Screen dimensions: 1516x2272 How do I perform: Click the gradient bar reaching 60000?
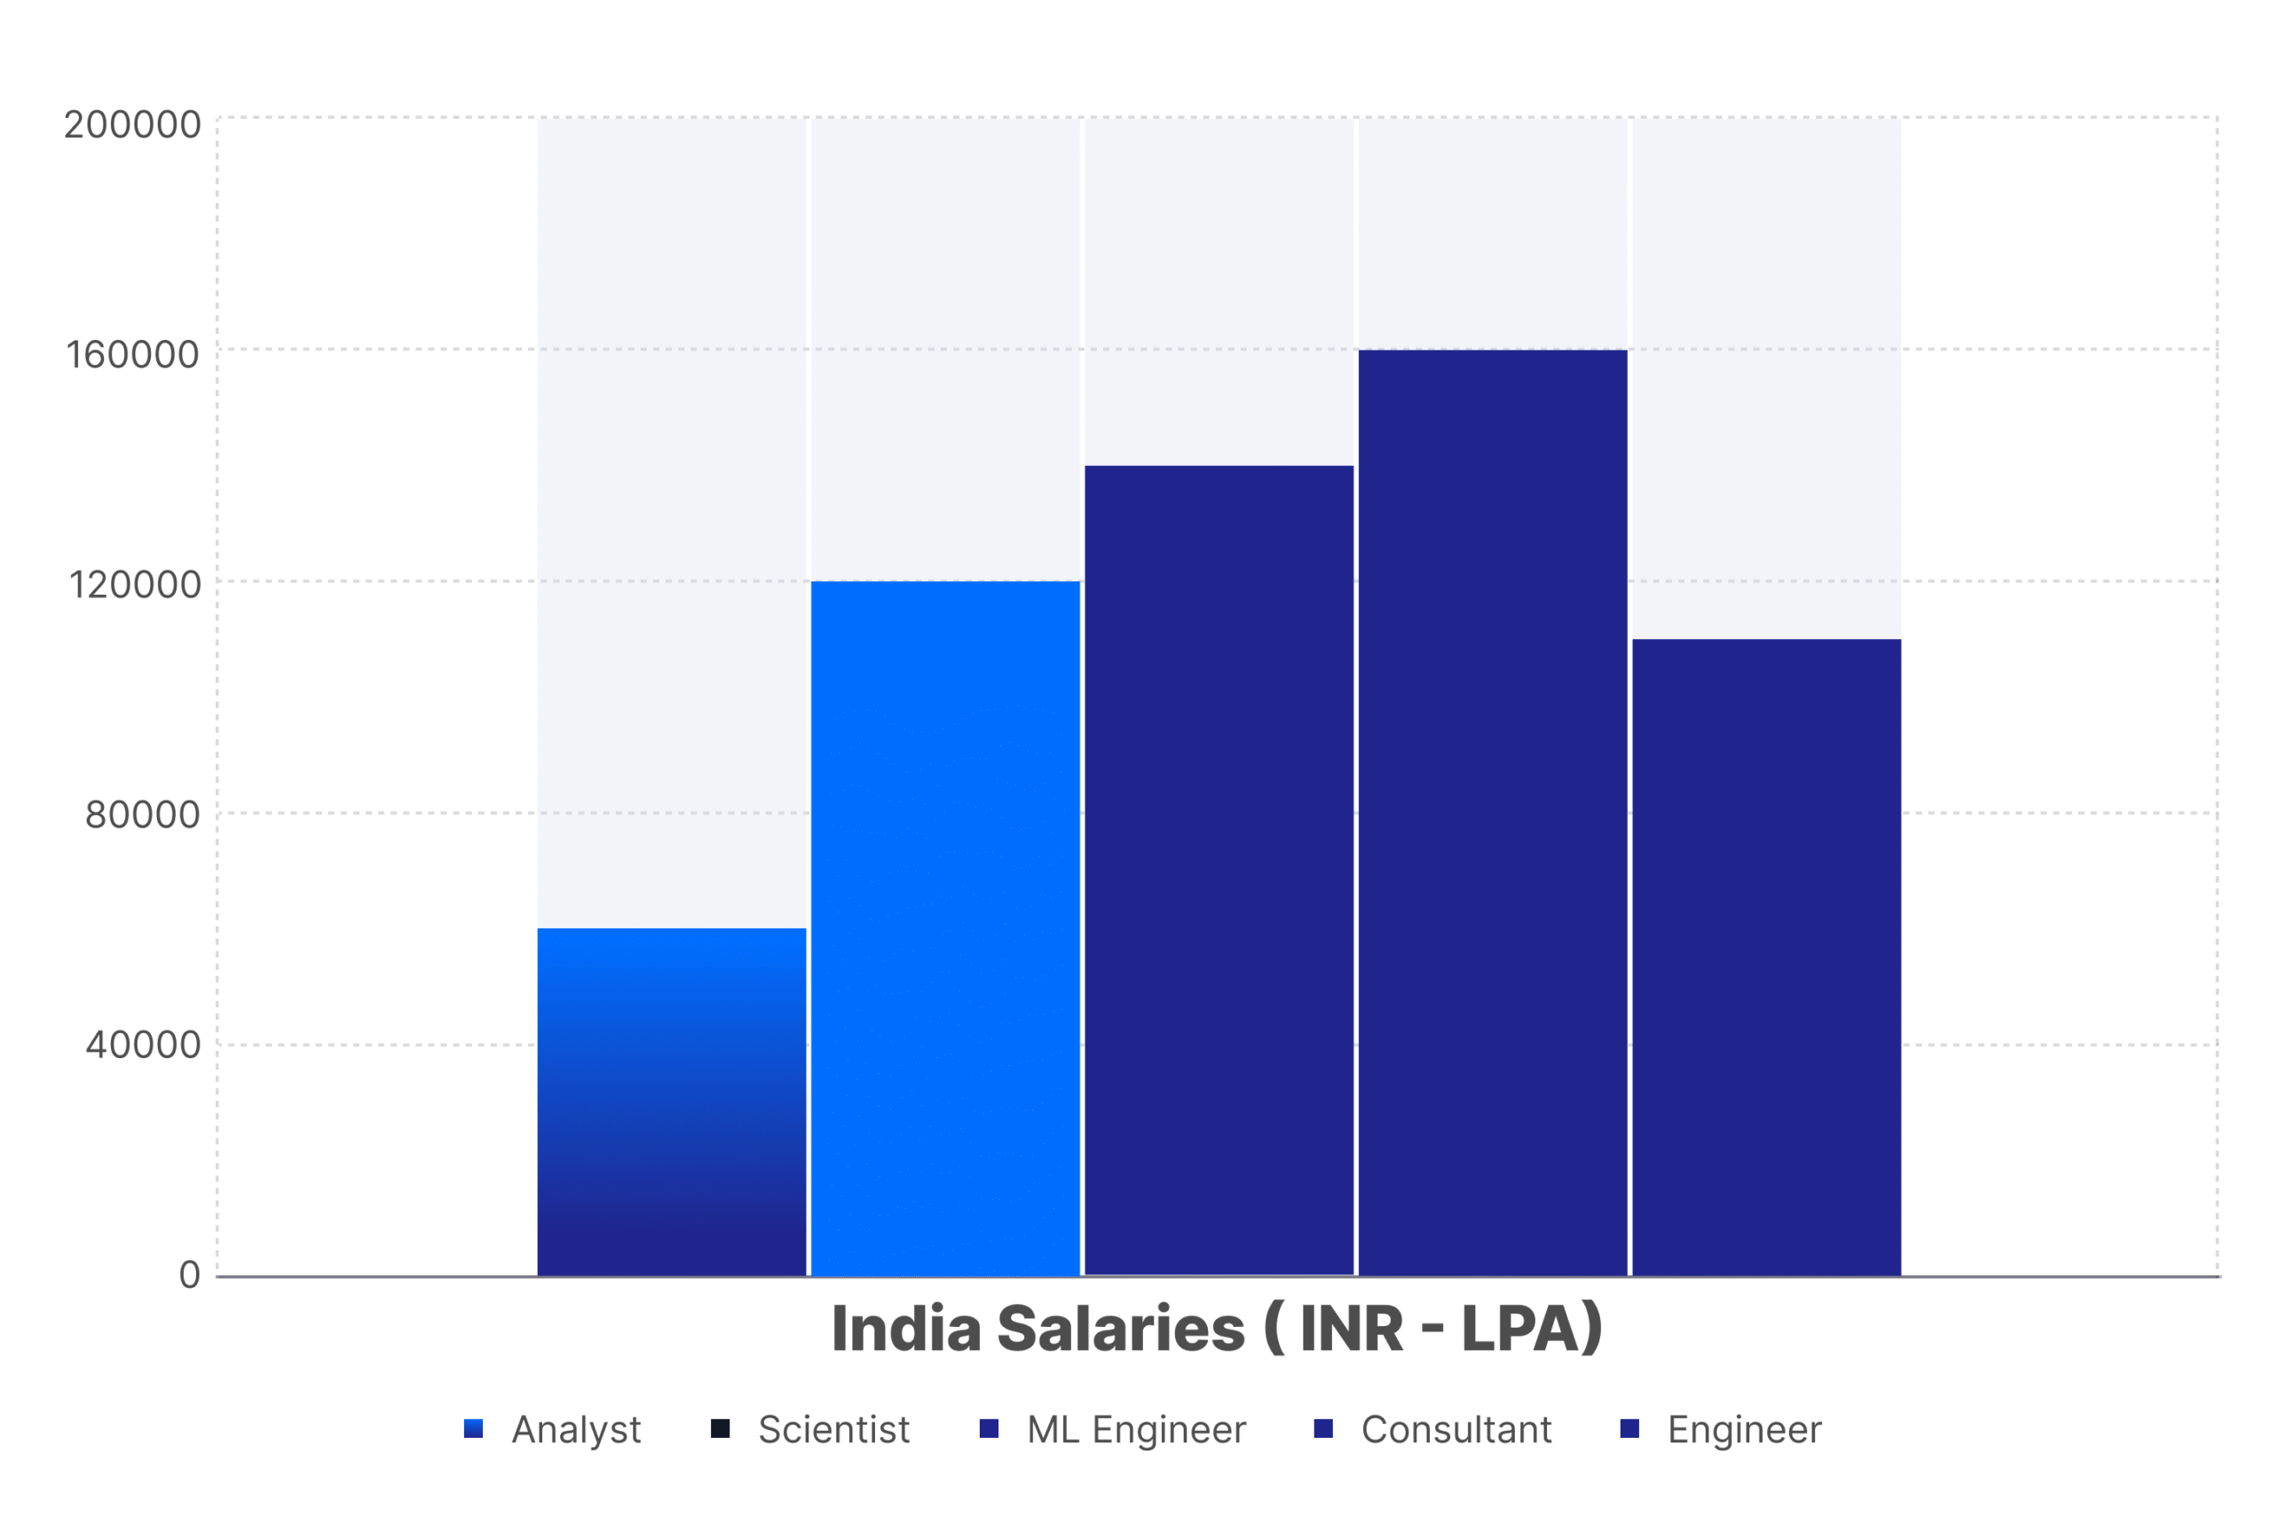point(671,1101)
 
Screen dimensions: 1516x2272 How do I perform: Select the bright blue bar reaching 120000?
point(944,928)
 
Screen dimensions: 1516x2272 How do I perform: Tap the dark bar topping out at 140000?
point(1219,870)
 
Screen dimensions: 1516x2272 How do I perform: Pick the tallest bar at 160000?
point(1492,812)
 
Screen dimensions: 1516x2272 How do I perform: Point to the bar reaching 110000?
point(1765,957)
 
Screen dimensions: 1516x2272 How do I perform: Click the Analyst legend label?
point(575,1429)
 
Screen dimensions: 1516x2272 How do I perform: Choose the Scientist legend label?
point(833,1429)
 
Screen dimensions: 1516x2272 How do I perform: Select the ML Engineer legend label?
point(1136,1429)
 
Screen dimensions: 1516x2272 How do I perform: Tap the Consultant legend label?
point(1456,1429)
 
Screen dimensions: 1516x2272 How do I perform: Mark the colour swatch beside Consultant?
point(1322,1428)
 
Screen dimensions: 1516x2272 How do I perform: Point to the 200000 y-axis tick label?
point(132,125)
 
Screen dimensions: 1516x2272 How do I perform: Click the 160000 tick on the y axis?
point(132,355)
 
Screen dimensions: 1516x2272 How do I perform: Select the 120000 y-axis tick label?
point(134,585)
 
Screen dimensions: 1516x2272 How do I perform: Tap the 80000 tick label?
point(142,815)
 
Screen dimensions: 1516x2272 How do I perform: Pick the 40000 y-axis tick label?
point(142,1046)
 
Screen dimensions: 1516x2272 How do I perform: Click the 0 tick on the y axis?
point(190,1275)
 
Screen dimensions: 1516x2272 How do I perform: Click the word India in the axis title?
point(906,1330)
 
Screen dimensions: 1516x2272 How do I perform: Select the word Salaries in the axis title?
point(1121,1330)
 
